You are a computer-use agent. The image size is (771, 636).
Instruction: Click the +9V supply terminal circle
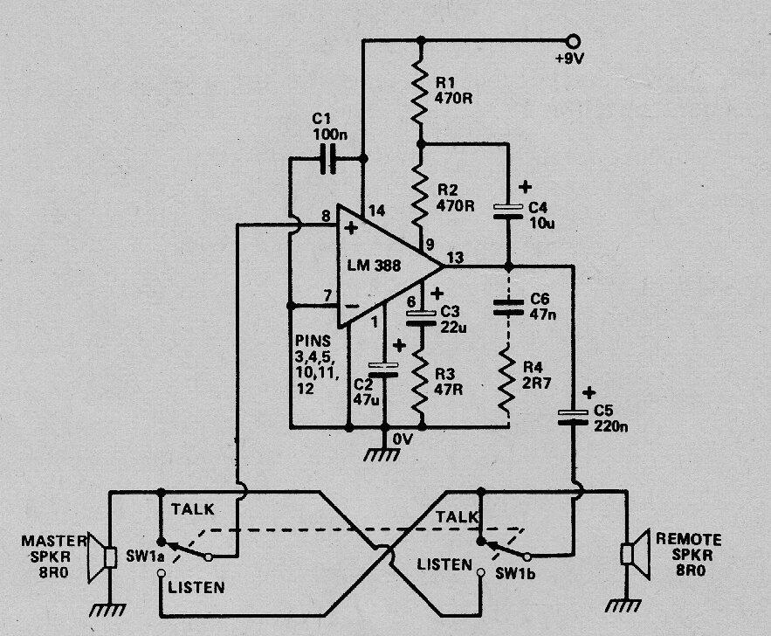pyautogui.click(x=573, y=40)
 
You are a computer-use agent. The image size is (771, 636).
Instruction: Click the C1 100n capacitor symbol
pyautogui.click(x=329, y=159)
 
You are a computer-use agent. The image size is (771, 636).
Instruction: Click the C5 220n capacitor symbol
pyautogui.click(x=575, y=416)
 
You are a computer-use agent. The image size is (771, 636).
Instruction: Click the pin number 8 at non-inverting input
pyautogui.click(x=325, y=215)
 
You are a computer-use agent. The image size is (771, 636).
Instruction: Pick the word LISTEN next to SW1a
pyautogui.click(x=196, y=587)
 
